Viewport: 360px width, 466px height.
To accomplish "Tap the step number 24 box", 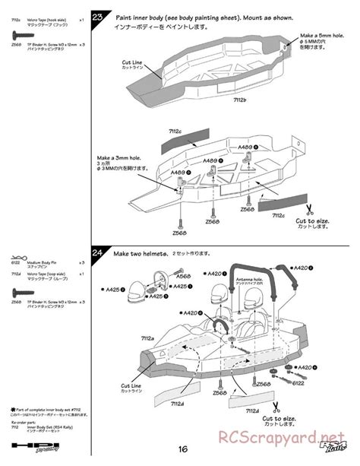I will [99, 253].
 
